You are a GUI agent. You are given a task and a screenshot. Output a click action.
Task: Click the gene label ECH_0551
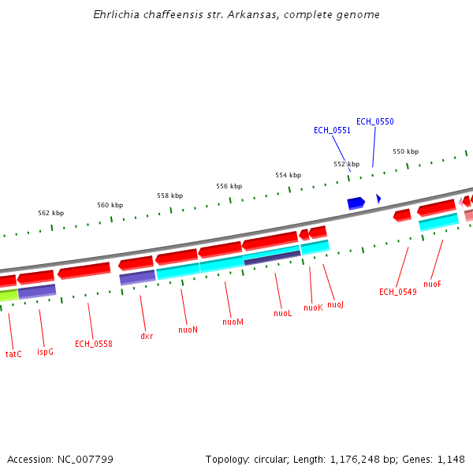pos(332,130)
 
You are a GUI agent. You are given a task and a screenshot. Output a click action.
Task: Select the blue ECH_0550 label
pos(374,121)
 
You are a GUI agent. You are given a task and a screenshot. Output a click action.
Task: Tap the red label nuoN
pos(188,330)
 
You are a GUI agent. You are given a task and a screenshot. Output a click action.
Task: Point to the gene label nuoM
pos(233,322)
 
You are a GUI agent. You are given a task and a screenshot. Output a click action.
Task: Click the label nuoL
pos(283,313)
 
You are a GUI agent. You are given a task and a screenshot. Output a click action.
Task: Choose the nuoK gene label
pos(313,307)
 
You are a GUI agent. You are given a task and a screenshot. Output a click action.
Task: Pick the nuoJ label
pos(336,304)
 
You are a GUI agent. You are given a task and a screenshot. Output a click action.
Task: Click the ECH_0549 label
pos(397,292)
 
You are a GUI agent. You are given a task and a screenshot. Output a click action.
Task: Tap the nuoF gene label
pos(432,284)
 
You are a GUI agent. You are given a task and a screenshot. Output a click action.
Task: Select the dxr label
pos(147,336)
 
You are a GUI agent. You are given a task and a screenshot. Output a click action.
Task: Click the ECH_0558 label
pos(93,344)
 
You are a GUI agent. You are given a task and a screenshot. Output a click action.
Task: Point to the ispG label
pos(45,351)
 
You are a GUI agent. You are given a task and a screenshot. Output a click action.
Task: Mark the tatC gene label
pos(13,354)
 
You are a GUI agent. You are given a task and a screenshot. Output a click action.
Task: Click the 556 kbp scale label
pos(229,186)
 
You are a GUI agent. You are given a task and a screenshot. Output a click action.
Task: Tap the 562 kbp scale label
pos(50,213)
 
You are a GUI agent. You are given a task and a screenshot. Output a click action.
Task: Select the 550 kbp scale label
pos(405,151)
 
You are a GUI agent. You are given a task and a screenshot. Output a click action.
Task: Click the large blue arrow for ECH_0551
pos(356,203)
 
